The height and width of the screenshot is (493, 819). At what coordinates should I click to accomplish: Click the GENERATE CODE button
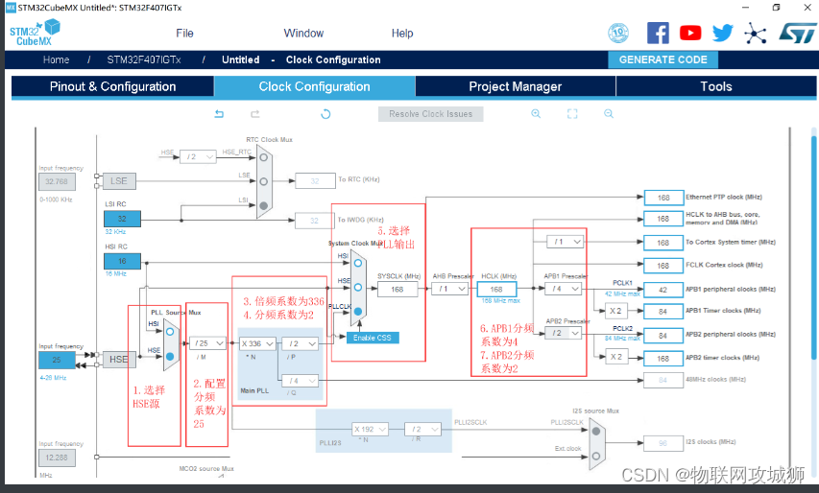click(663, 59)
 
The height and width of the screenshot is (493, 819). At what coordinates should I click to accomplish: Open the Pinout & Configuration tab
click(112, 86)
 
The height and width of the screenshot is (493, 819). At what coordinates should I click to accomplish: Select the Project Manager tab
click(515, 86)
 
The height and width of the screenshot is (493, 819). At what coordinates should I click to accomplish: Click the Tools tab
click(715, 86)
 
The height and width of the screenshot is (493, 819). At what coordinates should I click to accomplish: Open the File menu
click(184, 33)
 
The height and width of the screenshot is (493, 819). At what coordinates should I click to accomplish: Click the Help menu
click(402, 33)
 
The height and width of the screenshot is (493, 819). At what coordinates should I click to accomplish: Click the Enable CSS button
click(373, 338)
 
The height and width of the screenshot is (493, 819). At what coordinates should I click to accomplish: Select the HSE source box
click(118, 360)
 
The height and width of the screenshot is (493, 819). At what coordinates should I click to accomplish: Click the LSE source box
click(118, 180)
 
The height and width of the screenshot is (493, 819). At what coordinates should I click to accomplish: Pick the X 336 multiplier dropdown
click(257, 342)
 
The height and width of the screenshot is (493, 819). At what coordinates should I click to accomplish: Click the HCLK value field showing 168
click(496, 289)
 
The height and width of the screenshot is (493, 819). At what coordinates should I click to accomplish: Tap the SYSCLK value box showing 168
click(397, 289)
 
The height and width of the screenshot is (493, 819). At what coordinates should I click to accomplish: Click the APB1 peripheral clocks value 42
click(662, 289)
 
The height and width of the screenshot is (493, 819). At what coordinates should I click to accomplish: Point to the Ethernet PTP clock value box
click(662, 197)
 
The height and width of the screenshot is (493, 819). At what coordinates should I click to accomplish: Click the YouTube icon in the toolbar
click(690, 33)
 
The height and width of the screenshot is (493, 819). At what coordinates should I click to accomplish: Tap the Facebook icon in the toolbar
click(658, 33)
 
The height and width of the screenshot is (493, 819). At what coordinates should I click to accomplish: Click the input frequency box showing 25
click(56, 360)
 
